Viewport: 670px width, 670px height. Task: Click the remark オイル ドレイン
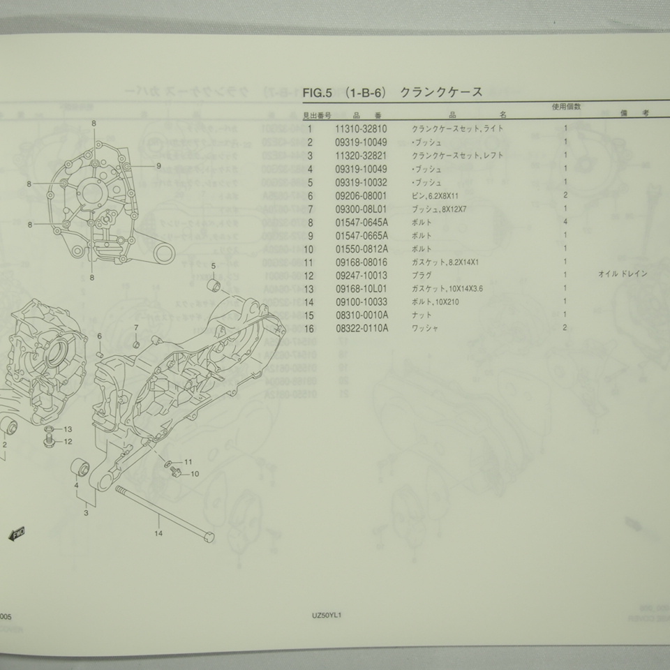click(623, 274)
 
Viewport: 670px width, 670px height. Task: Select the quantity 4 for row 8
click(565, 222)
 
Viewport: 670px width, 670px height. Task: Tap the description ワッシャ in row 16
click(426, 328)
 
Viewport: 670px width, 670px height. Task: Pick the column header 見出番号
click(317, 115)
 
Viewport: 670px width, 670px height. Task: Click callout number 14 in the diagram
click(159, 535)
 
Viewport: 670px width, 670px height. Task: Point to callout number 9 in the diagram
click(158, 165)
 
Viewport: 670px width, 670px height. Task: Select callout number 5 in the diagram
click(214, 266)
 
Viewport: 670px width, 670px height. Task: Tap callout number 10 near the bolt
click(194, 474)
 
